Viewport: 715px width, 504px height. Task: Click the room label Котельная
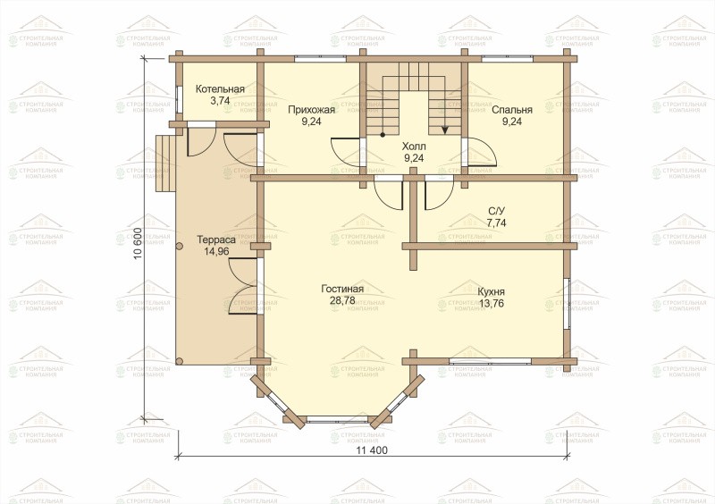tap(220, 89)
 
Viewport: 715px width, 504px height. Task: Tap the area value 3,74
tap(220, 101)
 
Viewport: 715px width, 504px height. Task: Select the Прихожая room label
tap(311, 110)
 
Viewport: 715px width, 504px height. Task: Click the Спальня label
tap(512, 110)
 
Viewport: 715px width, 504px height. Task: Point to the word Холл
tap(414, 147)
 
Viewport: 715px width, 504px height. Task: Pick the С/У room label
tap(497, 211)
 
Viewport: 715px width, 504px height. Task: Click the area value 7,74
tap(497, 223)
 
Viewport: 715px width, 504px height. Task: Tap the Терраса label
tap(216, 239)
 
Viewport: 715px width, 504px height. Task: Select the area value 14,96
tap(216, 251)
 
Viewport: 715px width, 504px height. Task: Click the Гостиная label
tap(342, 289)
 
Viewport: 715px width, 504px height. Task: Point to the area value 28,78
tap(342, 300)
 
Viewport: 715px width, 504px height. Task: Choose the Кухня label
tap(491, 292)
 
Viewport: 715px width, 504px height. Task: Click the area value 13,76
tap(491, 303)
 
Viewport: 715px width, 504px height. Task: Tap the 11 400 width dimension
tap(372, 450)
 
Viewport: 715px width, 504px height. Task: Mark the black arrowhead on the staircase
tap(444, 130)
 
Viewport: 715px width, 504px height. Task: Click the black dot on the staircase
tap(383, 135)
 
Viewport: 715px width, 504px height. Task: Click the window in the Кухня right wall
tap(567, 303)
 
